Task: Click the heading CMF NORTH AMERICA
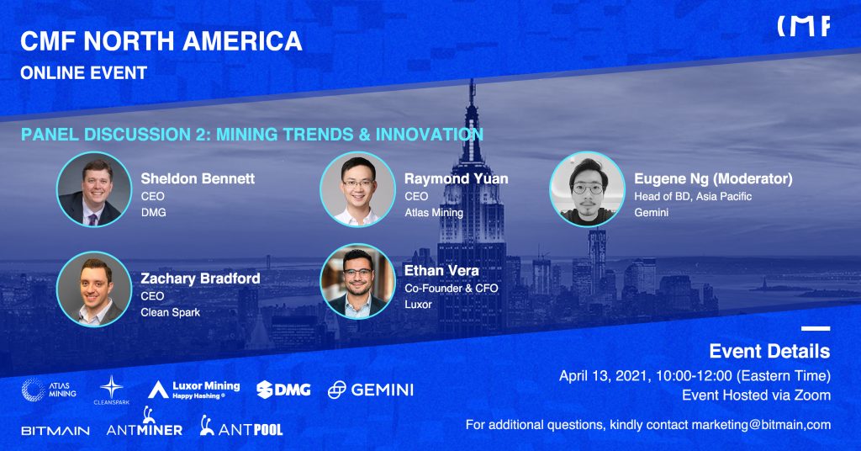[x=161, y=41]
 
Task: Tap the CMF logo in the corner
[x=803, y=26]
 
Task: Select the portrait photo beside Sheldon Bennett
[x=94, y=189]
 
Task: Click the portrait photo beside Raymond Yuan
[x=357, y=189]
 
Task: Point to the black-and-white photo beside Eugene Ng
[x=587, y=189]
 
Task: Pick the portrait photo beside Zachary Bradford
[x=94, y=289]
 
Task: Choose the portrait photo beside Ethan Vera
[x=357, y=281]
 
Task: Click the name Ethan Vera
[x=441, y=270]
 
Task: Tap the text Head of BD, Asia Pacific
[x=693, y=196]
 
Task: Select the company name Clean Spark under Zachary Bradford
[x=170, y=312]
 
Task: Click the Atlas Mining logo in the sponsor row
[x=49, y=390]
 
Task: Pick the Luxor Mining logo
[x=194, y=390]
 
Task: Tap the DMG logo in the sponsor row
[x=283, y=390]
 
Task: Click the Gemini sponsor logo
[x=371, y=390]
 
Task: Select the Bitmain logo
[x=55, y=431]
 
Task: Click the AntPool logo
[x=241, y=426]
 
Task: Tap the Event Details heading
[x=769, y=351]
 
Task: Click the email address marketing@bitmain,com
[x=761, y=425]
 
